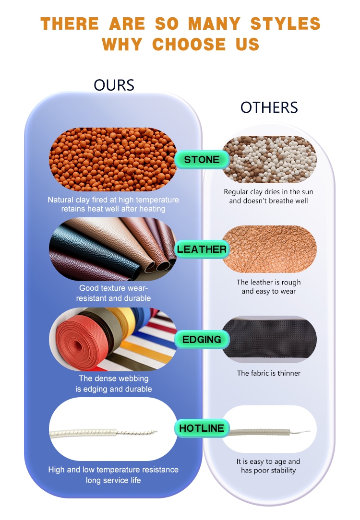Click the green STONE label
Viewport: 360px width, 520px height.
click(202, 160)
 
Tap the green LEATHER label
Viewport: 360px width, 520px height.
click(202, 249)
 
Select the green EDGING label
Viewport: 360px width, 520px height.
click(202, 339)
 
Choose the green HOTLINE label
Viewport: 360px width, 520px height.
click(202, 428)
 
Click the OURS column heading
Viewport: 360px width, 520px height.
click(114, 85)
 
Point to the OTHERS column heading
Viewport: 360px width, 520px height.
click(269, 107)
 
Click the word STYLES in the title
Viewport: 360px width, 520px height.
click(286, 24)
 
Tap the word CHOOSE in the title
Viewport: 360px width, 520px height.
click(189, 44)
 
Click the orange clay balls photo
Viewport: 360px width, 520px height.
click(113, 160)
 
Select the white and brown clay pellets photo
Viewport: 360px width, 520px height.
click(269, 160)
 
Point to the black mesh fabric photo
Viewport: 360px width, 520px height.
click(269, 339)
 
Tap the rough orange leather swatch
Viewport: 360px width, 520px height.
click(269, 249)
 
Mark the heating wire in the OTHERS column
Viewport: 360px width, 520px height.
click(269, 432)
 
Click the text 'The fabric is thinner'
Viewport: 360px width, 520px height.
click(269, 373)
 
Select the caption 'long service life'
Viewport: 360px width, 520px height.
click(113, 480)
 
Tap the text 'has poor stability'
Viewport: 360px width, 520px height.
click(268, 470)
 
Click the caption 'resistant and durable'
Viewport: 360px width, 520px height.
click(113, 298)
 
